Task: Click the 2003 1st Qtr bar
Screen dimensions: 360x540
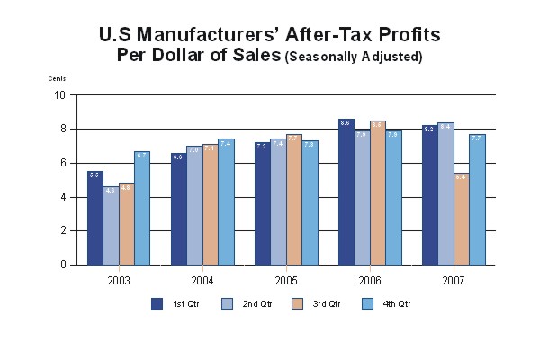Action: pyautogui.click(x=94, y=218)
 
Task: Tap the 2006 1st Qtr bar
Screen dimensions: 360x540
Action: pyautogui.click(x=346, y=192)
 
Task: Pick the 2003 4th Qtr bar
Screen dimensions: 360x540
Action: pyautogui.click(x=141, y=208)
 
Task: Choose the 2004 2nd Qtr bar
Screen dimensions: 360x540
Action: pyautogui.click(x=193, y=205)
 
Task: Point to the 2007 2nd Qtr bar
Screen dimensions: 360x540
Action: pyautogui.click(x=445, y=193)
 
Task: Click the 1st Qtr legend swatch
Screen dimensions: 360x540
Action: pyautogui.click(x=157, y=303)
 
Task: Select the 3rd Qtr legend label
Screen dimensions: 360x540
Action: pyautogui.click(x=326, y=304)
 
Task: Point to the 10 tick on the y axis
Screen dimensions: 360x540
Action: pyautogui.click(x=60, y=94)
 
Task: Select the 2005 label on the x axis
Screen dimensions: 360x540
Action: pyautogui.click(x=285, y=280)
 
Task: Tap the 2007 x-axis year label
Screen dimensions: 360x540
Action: pyautogui.click(x=453, y=280)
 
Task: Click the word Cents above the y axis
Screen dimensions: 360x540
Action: pyautogui.click(x=58, y=79)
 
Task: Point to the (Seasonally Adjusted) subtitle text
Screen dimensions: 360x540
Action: pyautogui.click(x=354, y=57)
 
